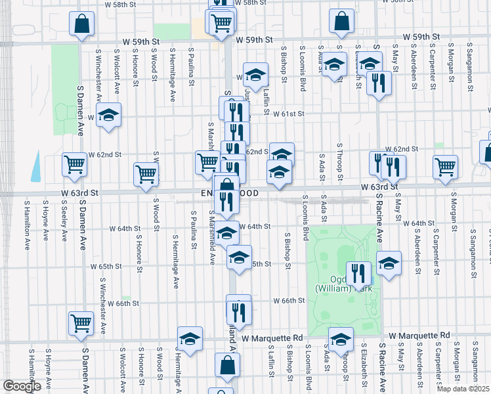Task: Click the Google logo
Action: (22, 386)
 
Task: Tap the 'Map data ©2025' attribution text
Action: (463, 389)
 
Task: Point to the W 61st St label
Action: (289, 114)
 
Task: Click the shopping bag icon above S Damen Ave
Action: (81, 25)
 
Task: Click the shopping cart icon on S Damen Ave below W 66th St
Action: (81, 322)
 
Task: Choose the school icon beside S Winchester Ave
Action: (108, 116)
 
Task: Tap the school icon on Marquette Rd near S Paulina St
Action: (190, 339)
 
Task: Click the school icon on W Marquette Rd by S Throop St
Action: (341, 340)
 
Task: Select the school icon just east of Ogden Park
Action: (389, 264)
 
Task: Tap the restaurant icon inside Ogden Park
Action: (358, 273)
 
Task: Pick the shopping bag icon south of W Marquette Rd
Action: (226, 366)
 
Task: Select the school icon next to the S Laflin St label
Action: (256, 75)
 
